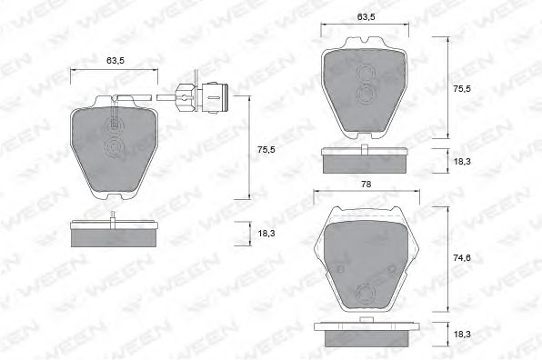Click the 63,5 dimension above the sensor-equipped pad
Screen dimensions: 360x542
(x=115, y=60)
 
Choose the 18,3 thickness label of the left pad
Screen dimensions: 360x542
(x=266, y=234)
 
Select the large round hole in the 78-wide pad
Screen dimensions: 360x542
(x=366, y=293)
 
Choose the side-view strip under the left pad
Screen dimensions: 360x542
(x=115, y=234)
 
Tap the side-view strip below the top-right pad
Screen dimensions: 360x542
(x=365, y=161)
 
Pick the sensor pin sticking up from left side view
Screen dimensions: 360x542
(x=111, y=217)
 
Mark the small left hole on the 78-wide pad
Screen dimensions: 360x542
(x=339, y=270)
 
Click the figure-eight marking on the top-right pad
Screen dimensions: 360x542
(x=369, y=85)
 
